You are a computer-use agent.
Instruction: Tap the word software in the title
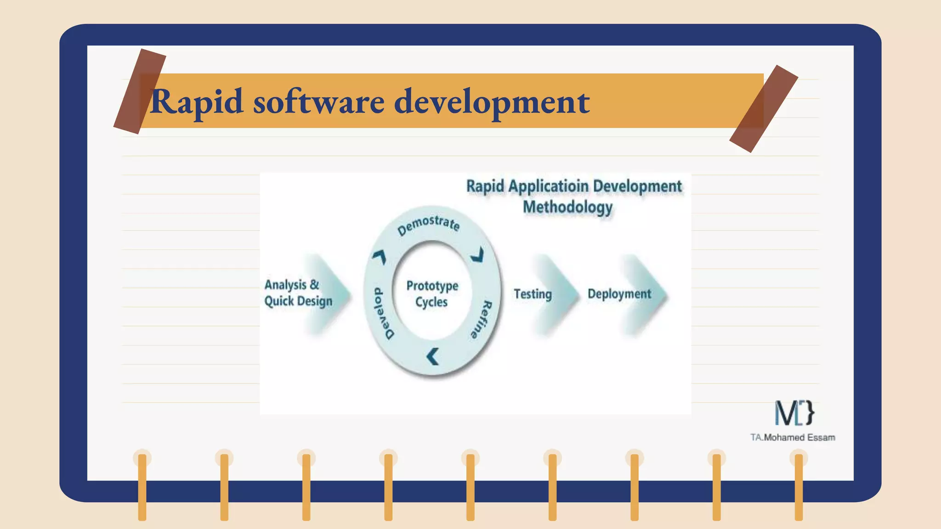click(x=319, y=102)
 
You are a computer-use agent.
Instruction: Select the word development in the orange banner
click(x=492, y=102)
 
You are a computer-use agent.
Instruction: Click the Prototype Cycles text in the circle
click(x=432, y=294)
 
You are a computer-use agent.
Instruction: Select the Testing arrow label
click(x=533, y=294)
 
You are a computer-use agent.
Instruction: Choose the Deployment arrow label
click(x=619, y=294)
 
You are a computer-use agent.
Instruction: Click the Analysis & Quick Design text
click(x=297, y=293)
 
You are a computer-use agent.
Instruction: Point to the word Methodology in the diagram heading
click(x=567, y=207)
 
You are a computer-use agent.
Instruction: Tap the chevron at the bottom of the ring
click(x=433, y=356)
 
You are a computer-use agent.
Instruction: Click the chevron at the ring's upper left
click(x=380, y=257)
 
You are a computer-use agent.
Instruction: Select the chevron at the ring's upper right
click(x=478, y=255)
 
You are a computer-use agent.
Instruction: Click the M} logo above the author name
click(x=794, y=412)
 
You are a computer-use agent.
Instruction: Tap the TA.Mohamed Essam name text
click(x=793, y=438)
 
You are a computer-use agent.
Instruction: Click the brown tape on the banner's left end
click(x=140, y=91)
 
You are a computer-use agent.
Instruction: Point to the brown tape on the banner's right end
click(x=763, y=109)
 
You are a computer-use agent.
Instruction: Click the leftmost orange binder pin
click(x=142, y=487)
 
